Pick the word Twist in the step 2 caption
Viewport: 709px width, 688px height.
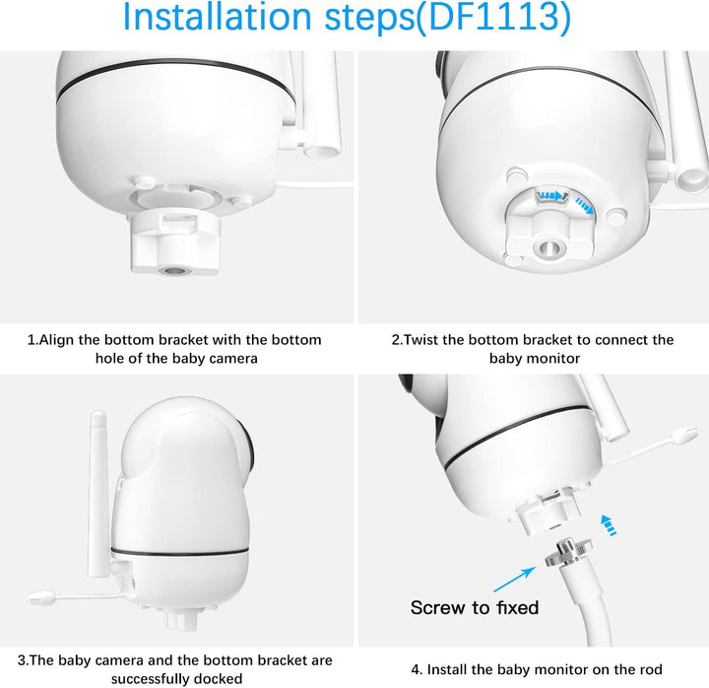pyautogui.click(x=426, y=340)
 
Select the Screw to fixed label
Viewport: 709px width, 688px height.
pyautogui.click(x=475, y=608)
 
